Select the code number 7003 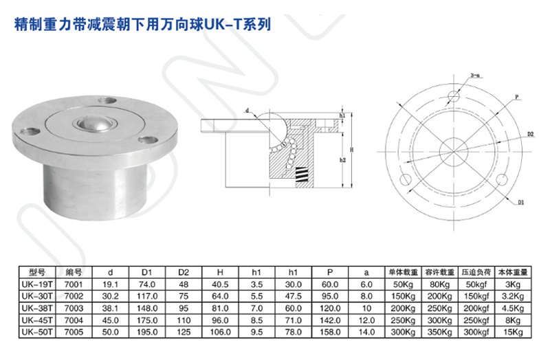click(73, 308)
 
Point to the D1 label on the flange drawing click(520, 203)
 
